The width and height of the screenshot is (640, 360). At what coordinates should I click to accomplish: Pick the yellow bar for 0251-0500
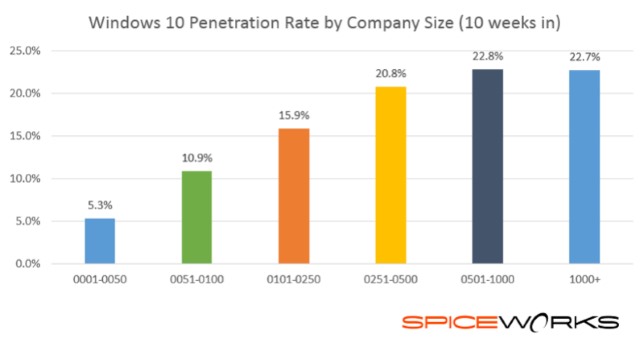[391, 175]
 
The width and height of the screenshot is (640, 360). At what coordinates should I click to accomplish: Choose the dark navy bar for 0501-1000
[488, 166]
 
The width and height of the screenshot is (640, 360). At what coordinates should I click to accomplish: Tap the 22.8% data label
[488, 57]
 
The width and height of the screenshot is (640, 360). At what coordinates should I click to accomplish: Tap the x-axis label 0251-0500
[391, 283]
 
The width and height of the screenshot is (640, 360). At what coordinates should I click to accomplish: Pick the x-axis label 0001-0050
[100, 283]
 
